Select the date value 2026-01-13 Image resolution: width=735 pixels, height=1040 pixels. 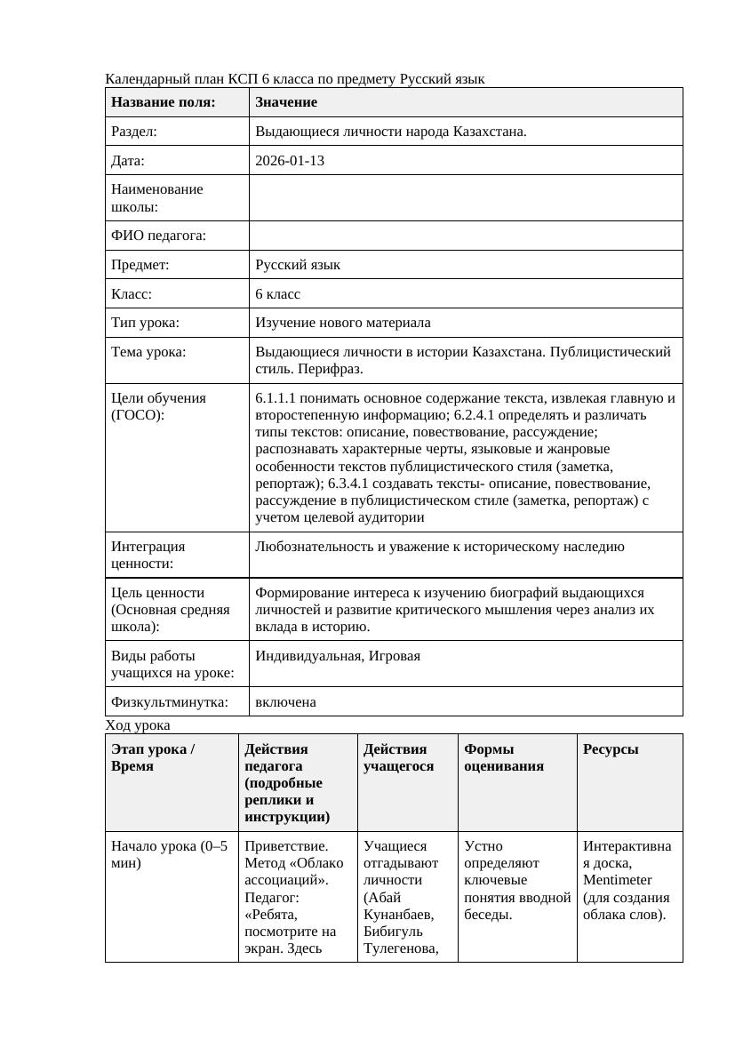click(290, 161)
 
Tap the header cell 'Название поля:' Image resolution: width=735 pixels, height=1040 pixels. click(164, 102)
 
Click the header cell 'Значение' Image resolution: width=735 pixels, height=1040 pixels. click(286, 102)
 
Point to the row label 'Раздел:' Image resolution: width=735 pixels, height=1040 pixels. click(134, 132)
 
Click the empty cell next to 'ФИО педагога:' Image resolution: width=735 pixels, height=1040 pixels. click(466, 236)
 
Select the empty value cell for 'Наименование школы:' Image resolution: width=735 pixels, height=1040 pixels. click(466, 197)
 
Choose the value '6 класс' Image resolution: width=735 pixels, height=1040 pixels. click(277, 293)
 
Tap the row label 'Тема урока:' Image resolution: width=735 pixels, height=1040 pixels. click(148, 352)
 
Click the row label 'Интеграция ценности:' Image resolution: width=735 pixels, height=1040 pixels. click(148, 555)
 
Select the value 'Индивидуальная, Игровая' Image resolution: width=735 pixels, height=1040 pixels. click(337, 656)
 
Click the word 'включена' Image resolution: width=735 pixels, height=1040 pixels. click(285, 702)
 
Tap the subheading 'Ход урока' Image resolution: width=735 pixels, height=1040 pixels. click(138, 725)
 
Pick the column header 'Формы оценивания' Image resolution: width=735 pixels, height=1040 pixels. click(503, 757)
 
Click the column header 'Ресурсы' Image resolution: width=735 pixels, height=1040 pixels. click(611, 749)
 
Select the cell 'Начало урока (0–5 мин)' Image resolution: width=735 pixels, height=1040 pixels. click(168, 854)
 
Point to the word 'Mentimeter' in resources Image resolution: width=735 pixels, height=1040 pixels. click(618, 880)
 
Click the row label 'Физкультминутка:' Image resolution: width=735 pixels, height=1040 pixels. click(169, 702)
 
